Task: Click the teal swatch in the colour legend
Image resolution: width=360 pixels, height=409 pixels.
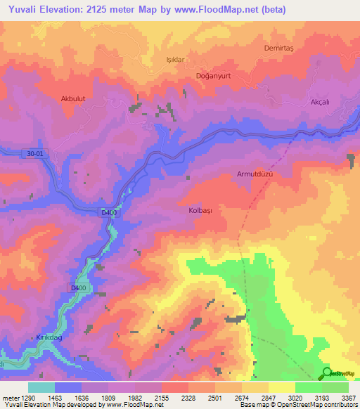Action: click(41, 388)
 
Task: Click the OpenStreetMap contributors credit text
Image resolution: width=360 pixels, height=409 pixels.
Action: click(309, 405)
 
